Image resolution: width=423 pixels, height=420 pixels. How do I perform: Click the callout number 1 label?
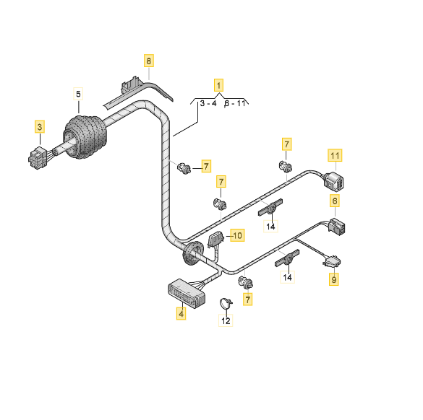pyautogui.click(x=218, y=85)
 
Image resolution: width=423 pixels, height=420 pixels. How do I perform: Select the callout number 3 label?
pyautogui.click(x=40, y=127)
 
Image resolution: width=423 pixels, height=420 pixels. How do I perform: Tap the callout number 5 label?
pyautogui.click(x=78, y=94)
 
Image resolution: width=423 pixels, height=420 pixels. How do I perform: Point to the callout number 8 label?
pyautogui.click(x=149, y=61)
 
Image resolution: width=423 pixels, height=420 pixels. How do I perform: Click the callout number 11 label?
pyautogui.click(x=335, y=155)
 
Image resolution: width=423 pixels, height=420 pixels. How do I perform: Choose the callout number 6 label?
pyautogui.click(x=335, y=201)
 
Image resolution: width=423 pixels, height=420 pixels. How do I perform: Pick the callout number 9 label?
pyautogui.click(x=334, y=279)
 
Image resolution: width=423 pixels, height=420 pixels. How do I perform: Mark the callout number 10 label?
pyautogui.click(x=237, y=235)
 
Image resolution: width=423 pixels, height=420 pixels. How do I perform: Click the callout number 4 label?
pyautogui.click(x=181, y=313)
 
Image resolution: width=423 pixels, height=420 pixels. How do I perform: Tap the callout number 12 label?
pyautogui.click(x=226, y=320)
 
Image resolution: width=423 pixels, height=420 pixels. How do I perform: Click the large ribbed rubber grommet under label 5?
pyautogui.click(x=85, y=137)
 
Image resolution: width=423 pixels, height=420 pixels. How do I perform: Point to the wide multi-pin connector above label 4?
pyautogui.click(x=187, y=294)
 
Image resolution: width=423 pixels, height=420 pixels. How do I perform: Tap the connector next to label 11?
pyautogui.click(x=334, y=182)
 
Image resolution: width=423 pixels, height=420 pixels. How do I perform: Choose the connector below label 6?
pyautogui.click(x=337, y=227)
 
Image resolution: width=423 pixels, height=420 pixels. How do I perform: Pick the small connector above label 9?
pyautogui.click(x=332, y=261)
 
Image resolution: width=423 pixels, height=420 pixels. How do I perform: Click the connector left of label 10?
pyautogui.click(x=215, y=240)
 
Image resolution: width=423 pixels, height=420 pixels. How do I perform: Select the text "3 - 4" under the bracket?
pyautogui.click(x=208, y=103)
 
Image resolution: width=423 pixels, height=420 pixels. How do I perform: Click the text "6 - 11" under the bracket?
pyautogui.click(x=235, y=103)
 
